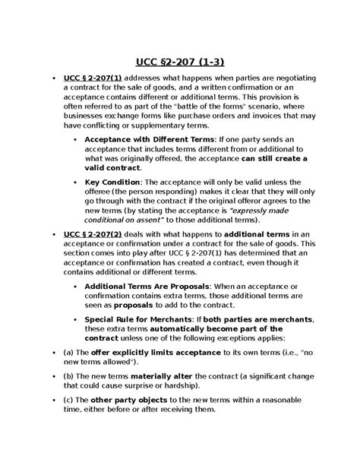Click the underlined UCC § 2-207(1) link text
click(93, 78)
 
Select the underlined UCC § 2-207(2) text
click(93, 234)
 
